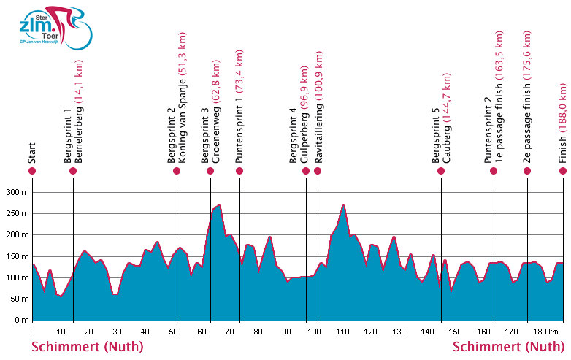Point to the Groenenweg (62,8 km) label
pos(216,105)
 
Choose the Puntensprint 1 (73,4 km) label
pos(239,104)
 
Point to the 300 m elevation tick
pos(18,192)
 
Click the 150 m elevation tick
pos(18,256)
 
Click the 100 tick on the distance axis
pos(314,331)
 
